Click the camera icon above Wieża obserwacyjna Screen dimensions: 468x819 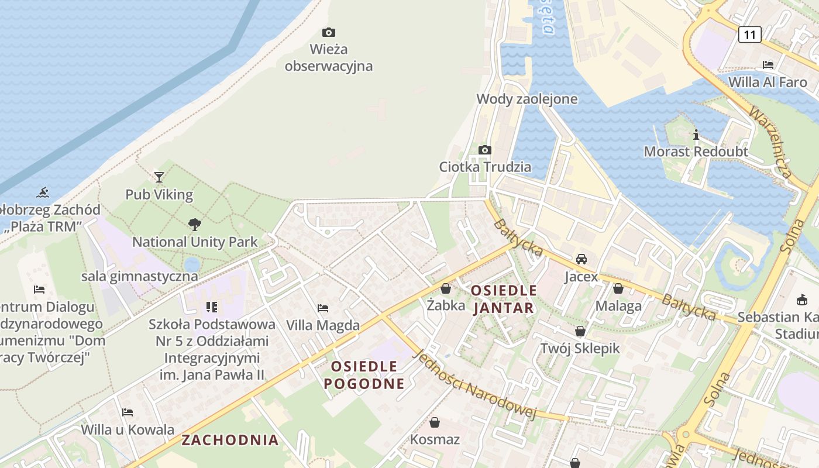click(329, 32)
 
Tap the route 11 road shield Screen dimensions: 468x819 click(749, 35)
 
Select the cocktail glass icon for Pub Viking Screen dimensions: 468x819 click(159, 177)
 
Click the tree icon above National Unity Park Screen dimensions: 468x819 click(194, 224)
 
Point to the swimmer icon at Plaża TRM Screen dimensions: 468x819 click(43, 192)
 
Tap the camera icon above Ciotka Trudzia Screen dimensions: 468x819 click(484, 150)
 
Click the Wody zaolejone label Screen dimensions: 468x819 click(526, 99)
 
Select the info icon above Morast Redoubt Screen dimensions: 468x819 click(696, 135)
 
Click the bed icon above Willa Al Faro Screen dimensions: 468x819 click(768, 64)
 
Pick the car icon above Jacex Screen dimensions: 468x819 click(581, 259)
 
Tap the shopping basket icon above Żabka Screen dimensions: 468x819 click(446, 288)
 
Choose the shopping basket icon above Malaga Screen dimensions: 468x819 click(618, 288)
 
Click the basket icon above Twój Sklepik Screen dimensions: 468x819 click(580, 331)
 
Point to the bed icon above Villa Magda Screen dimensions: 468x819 click(322, 308)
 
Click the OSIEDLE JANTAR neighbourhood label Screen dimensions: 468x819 click(504, 299)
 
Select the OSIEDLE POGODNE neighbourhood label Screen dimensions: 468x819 click(364, 375)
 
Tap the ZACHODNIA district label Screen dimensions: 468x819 click(230, 440)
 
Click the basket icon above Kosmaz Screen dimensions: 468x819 click(435, 422)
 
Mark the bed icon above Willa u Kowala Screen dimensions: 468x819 click(127, 412)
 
